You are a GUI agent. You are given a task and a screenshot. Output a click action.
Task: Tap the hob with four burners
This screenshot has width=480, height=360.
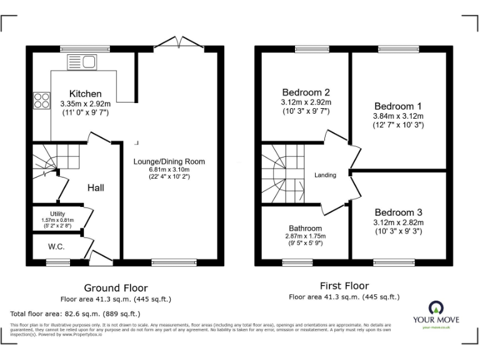(x=41, y=100)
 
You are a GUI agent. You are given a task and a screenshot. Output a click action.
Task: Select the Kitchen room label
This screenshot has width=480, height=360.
(x=85, y=94)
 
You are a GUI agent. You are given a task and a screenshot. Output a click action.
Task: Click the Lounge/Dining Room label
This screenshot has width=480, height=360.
(x=169, y=161)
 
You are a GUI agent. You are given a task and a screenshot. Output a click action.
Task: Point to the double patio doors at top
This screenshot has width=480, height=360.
(x=179, y=42)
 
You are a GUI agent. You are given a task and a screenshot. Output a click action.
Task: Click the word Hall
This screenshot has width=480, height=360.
(x=96, y=187)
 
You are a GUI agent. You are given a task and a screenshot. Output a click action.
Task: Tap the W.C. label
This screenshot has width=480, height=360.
(x=56, y=246)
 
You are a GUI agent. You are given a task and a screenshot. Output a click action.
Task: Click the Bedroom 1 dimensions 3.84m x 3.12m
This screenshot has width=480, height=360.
(x=398, y=116)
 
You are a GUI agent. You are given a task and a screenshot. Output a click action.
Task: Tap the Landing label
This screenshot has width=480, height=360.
(x=325, y=175)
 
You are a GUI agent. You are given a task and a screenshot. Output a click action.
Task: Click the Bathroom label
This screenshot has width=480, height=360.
(x=305, y=228)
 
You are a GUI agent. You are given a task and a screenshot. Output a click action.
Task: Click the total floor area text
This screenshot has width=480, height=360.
(x=75, y=313)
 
